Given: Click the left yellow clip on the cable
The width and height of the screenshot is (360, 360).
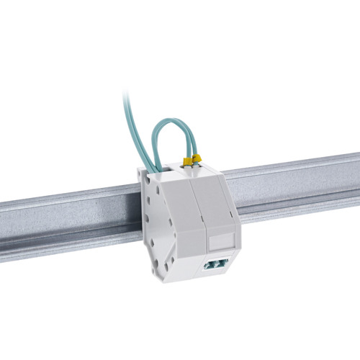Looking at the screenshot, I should [x=186, y=160].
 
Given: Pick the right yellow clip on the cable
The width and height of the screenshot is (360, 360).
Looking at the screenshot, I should [x=195, y=156].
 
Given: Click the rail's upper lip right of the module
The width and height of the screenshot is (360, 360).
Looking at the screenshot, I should [x=288, y=167].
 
